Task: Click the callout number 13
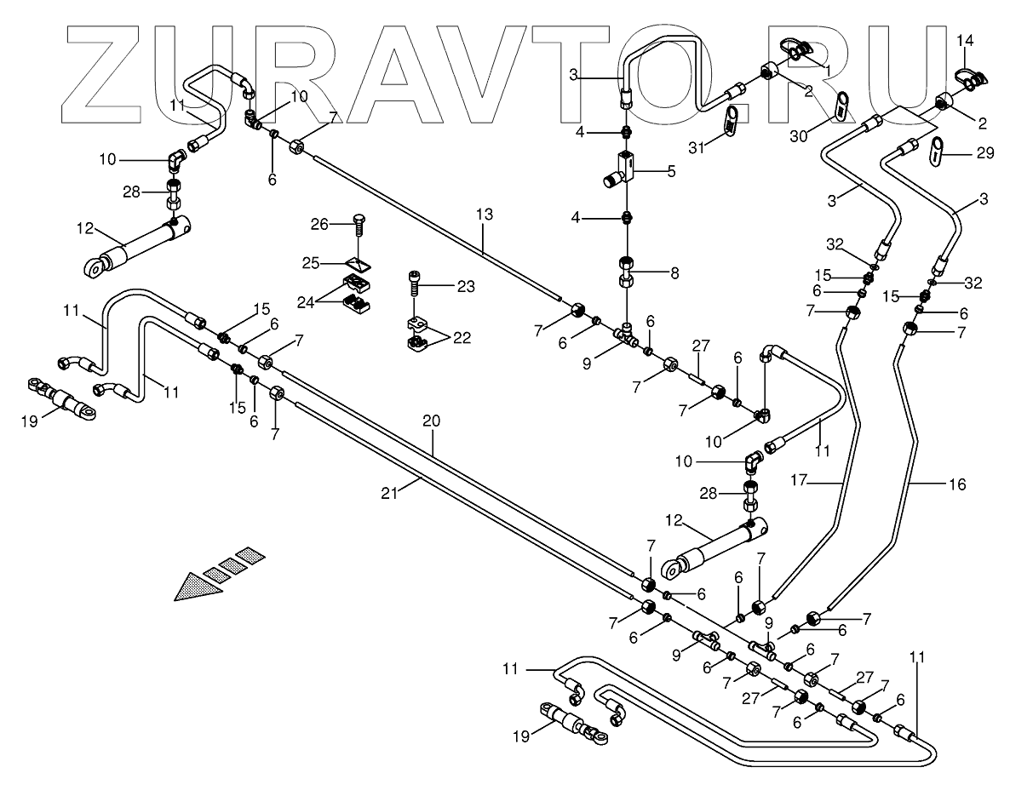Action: (484, 215)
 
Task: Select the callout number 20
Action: (433, 420)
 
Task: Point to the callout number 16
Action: (957, 484)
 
